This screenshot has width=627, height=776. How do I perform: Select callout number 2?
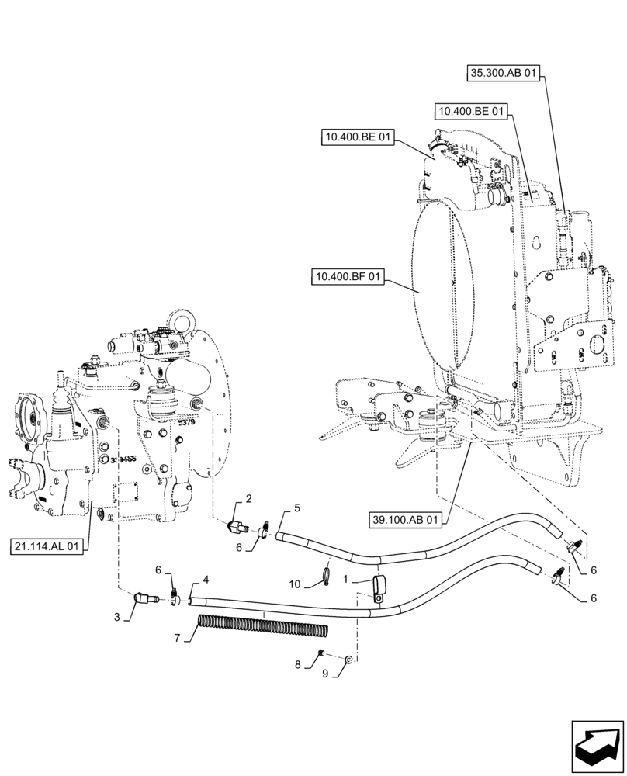click(248, 498)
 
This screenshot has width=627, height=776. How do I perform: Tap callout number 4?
click(206, 580)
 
